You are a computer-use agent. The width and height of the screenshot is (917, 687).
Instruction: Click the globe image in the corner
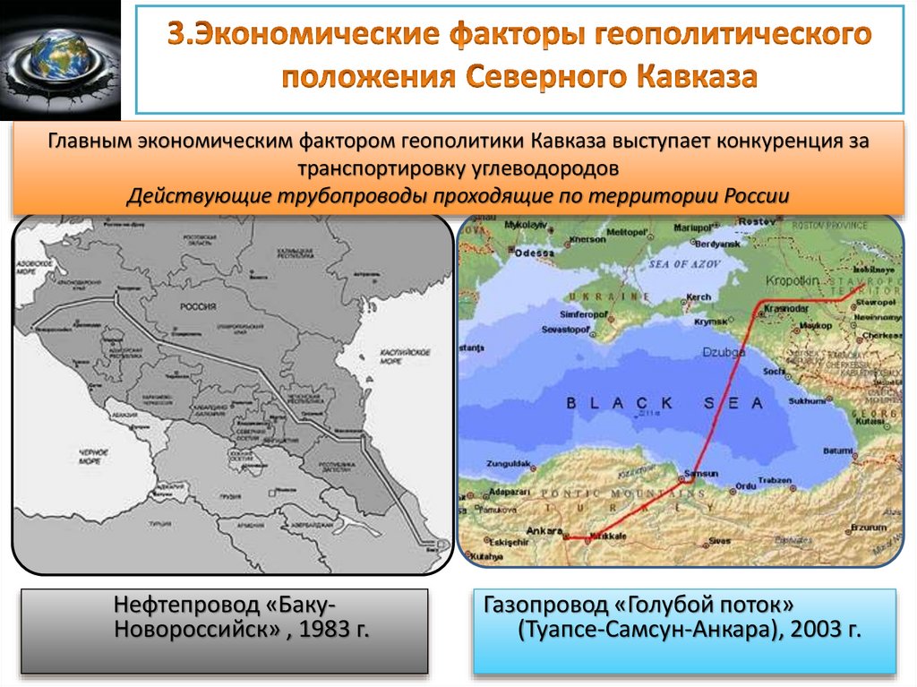pos(60,58)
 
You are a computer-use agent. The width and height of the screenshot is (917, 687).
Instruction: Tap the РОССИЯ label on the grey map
pos(198,306)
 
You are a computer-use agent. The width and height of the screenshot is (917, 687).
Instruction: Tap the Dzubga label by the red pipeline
pos(724,352)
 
